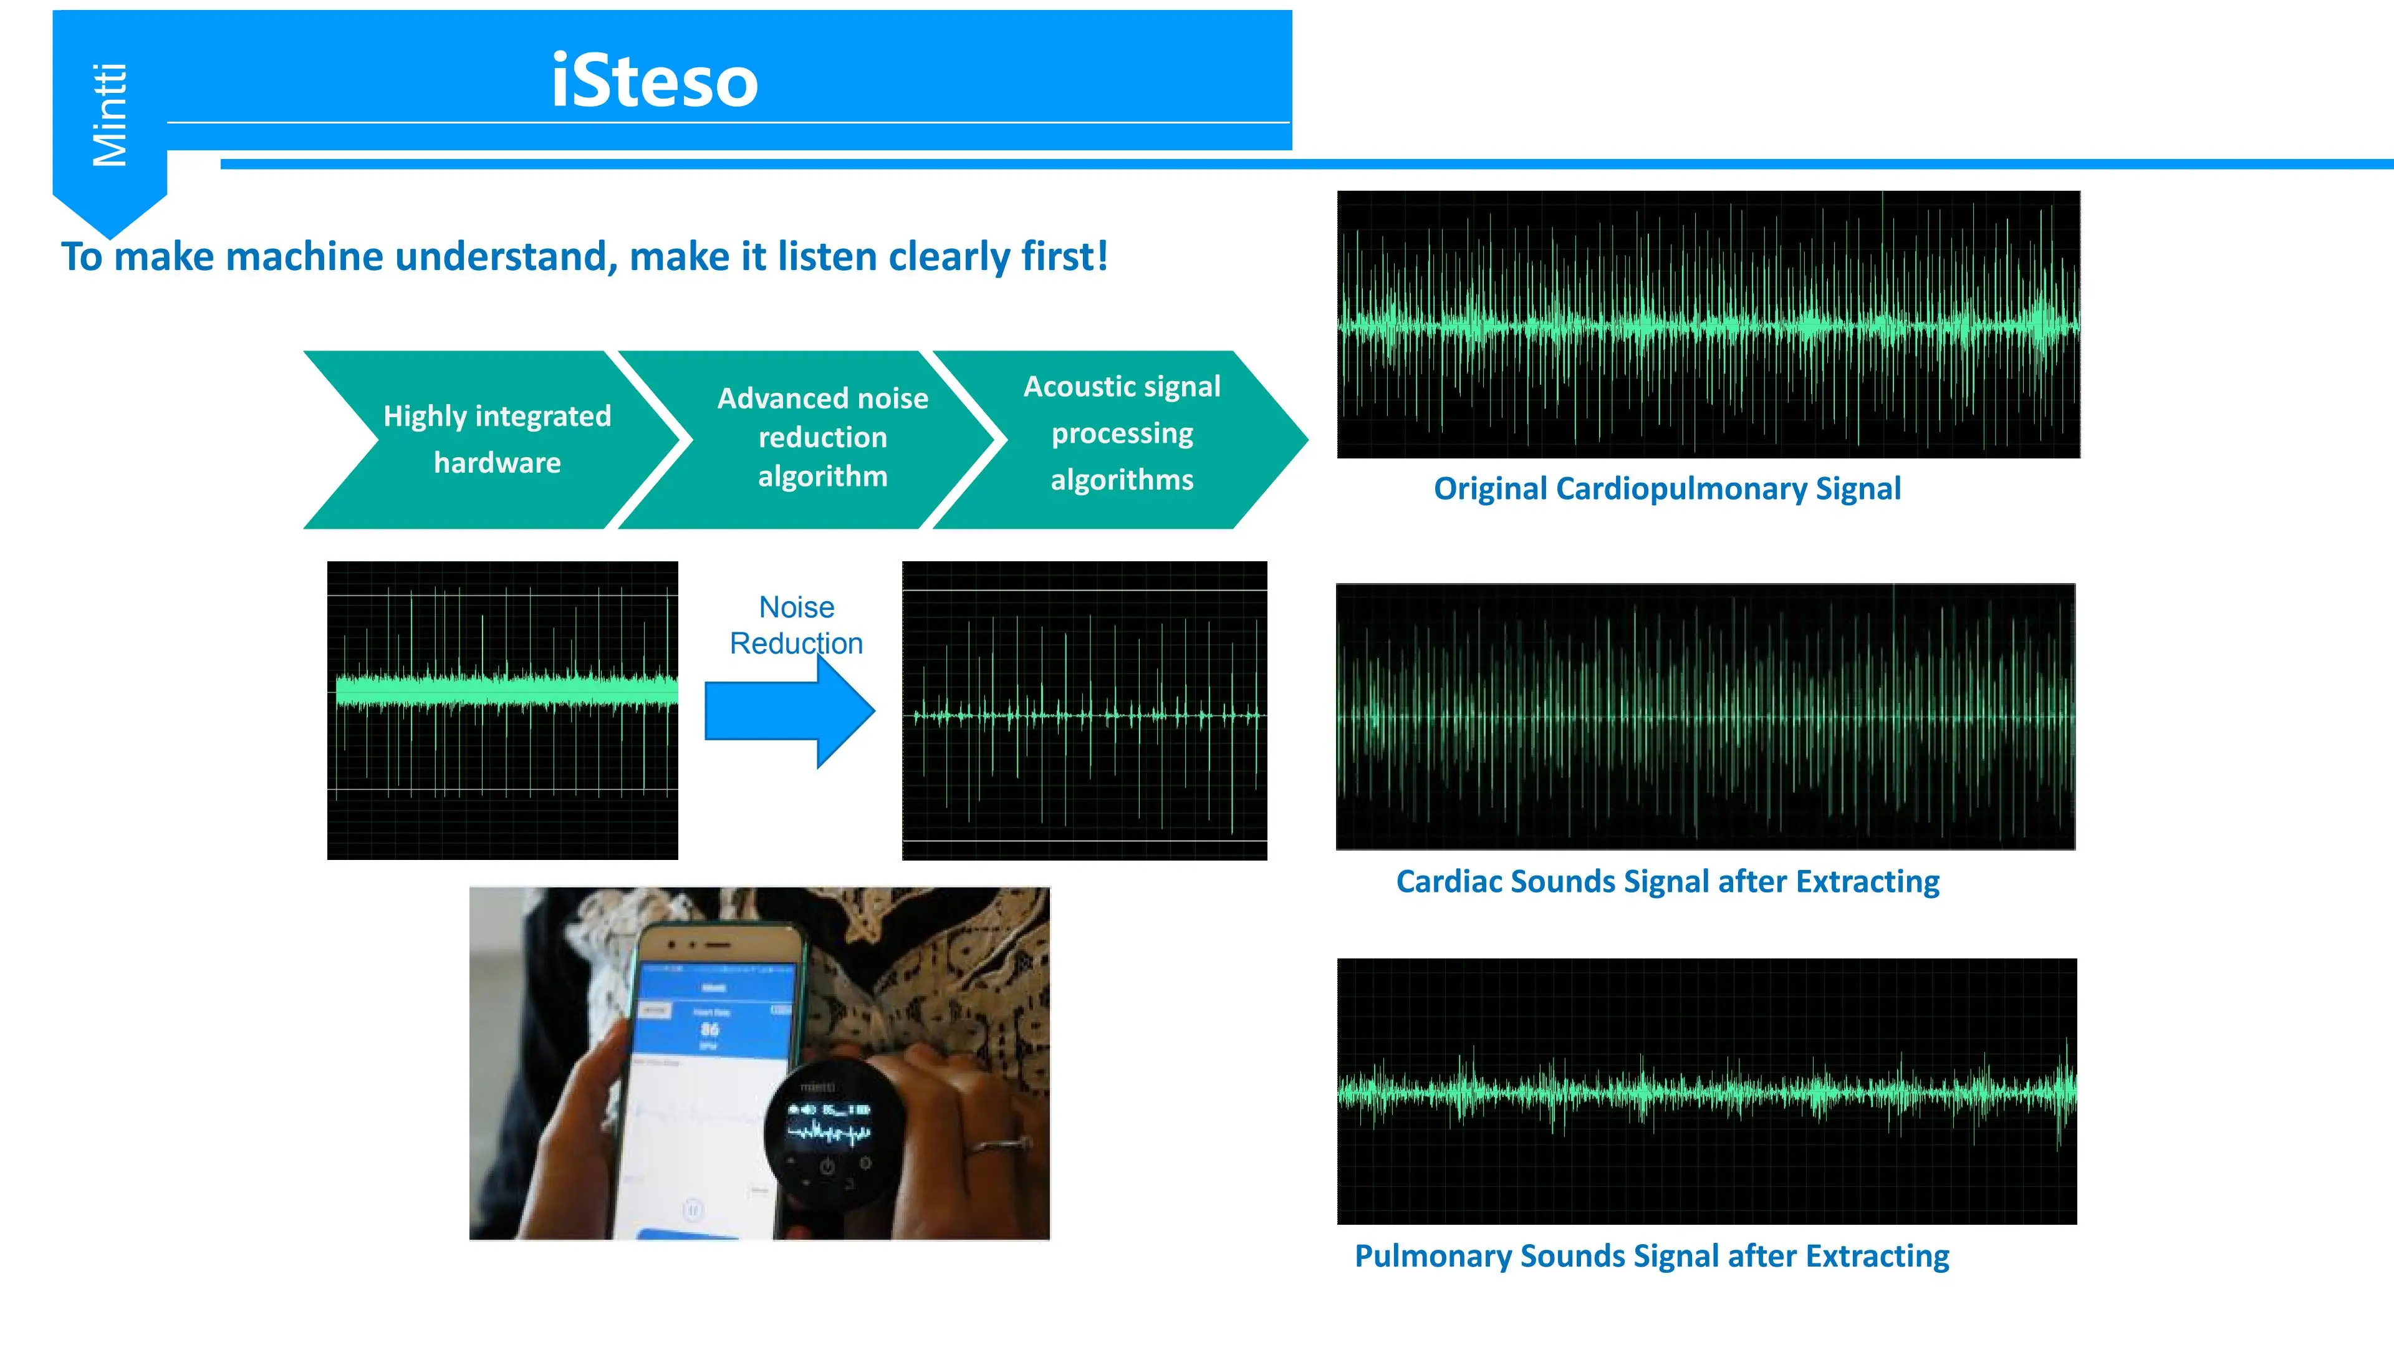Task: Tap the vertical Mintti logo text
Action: tap(110, 115)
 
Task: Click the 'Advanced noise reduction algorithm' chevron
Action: tap(822, 437)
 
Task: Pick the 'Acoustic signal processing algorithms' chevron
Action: tap(1122, 433)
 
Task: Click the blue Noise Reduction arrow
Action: tap(790, 711)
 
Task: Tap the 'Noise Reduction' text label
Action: tap(797, 625)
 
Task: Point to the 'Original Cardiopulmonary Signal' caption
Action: tap(1666, 489)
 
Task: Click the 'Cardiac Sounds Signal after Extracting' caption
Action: tap(1667, 881)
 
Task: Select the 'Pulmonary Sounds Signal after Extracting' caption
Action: tap(1651, 1256)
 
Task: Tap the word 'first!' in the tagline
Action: tap(1064, 256)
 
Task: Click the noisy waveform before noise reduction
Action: tap(502, 710)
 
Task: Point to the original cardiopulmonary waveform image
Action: tap(1708, 324)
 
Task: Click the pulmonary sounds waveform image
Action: tap(1706, 1091)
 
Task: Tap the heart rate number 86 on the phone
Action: tap(710, 1029)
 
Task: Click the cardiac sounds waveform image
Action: tap(1705, 717)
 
